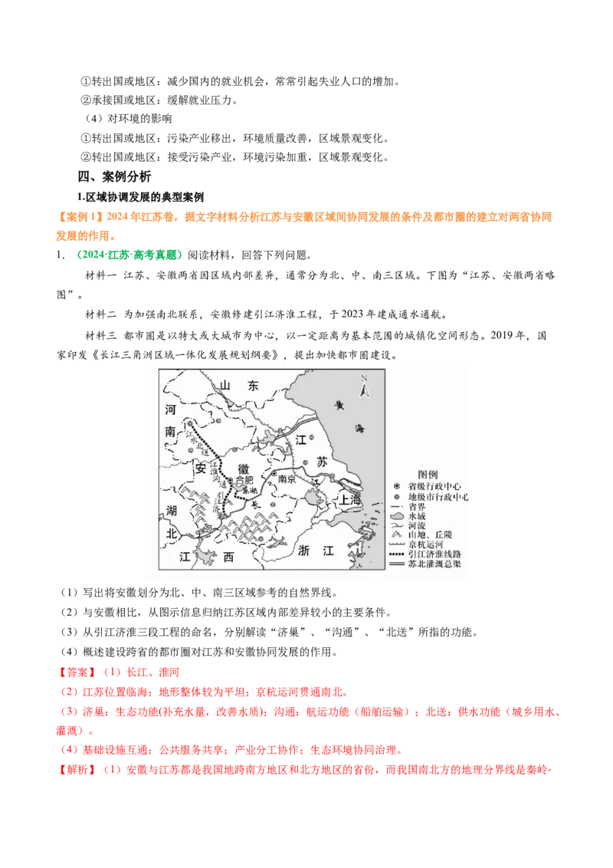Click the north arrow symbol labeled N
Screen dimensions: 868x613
pos(366,387)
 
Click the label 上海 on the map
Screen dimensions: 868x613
pos(352,498)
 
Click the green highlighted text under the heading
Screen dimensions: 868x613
pos(129,255)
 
